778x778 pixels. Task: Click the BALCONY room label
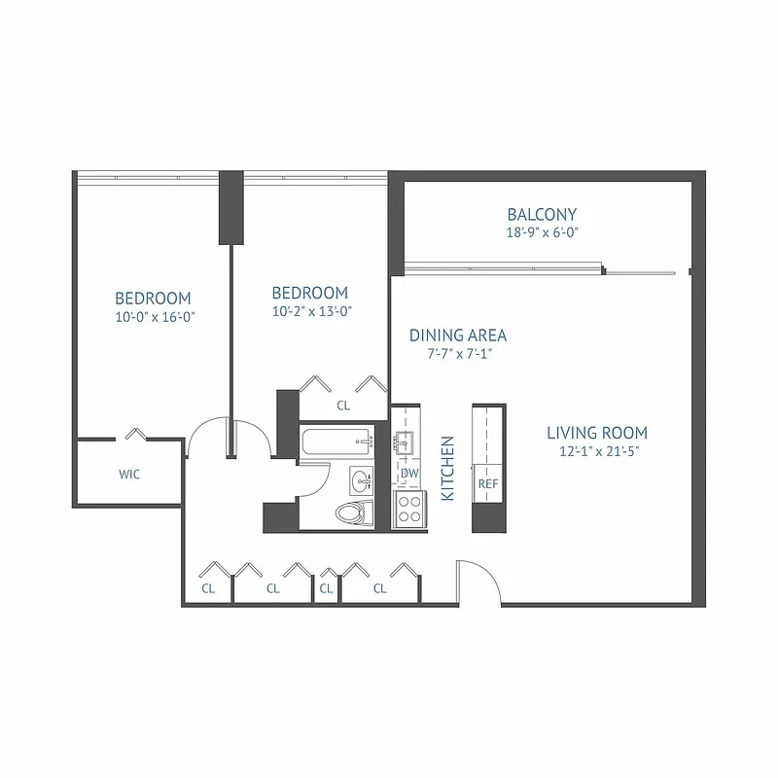tap(542, 214)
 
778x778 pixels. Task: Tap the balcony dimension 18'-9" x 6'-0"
tap(542, 232)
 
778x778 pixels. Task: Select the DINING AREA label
tap(458, 336)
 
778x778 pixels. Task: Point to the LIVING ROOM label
tap(596, 433)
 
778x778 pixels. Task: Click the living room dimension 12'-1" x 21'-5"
tap(596, 451)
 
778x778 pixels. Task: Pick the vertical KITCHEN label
tap(448, 468)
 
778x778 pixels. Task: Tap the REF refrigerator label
tap(486, 482)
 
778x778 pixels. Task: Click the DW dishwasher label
tap(409, 474)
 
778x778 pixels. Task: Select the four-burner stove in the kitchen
tap(409, 508)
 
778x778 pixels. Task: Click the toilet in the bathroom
tap(351, 513)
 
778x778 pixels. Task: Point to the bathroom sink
tap(362, 478)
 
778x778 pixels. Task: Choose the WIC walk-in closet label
tap(129, 475)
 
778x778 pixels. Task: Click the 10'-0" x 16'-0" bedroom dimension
tap(156, 316)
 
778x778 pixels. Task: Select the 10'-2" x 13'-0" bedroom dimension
tap(310, 311)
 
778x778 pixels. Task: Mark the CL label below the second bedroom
tap(343, 405)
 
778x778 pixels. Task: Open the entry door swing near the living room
tap(477, 582)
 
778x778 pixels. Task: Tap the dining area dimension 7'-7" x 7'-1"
tap(458, 354)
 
